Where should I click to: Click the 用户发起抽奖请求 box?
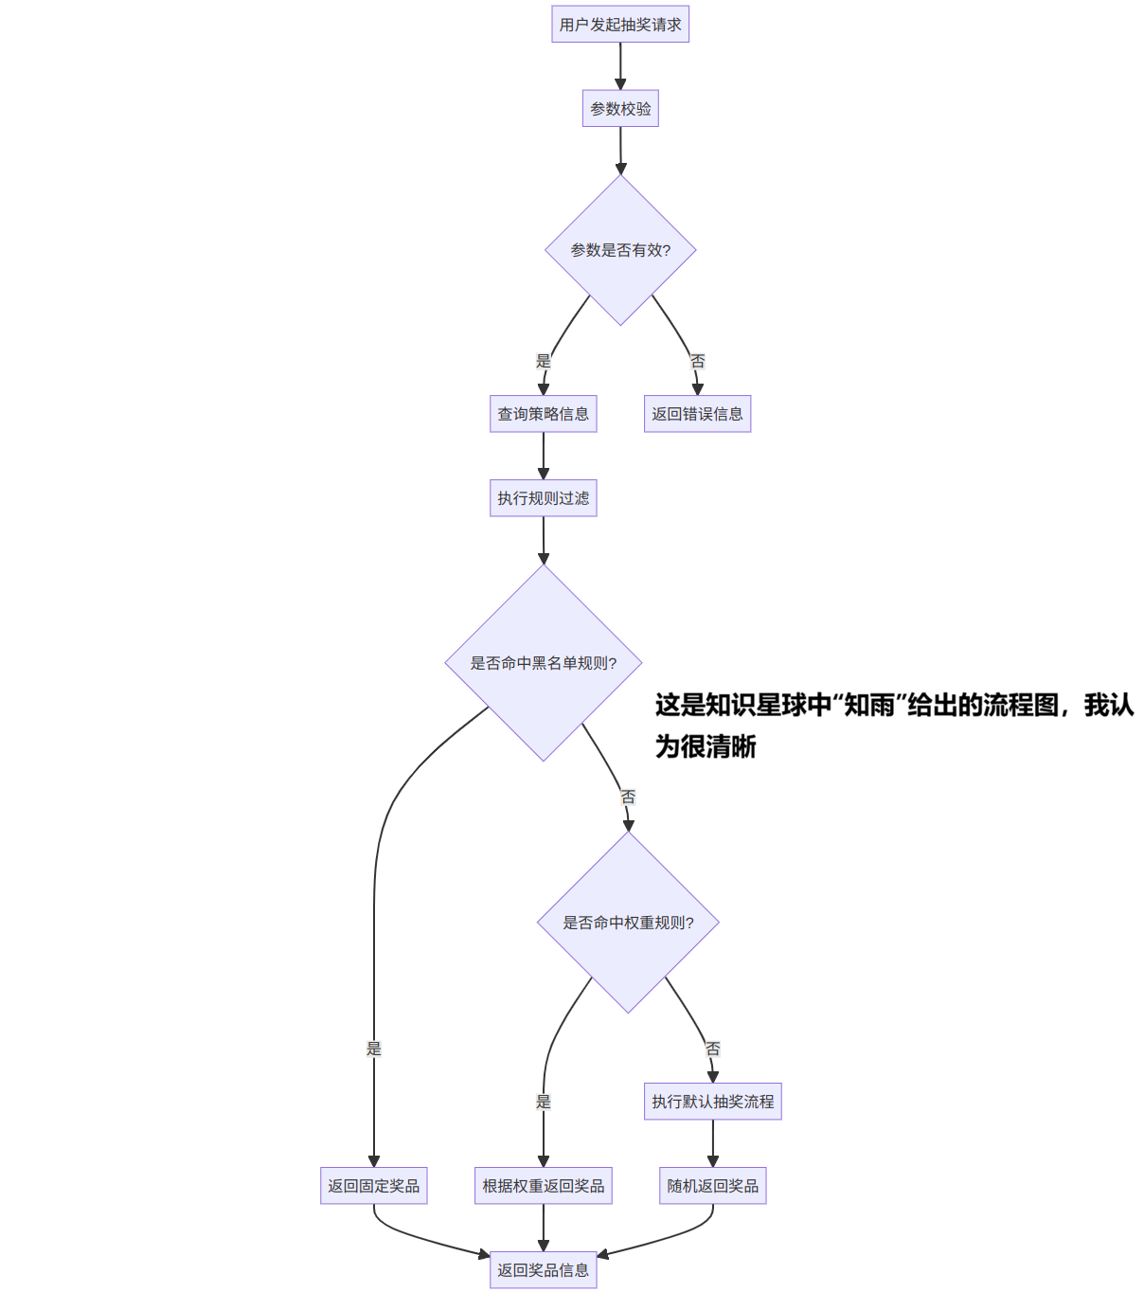pyautogui.click(x=620, y=25)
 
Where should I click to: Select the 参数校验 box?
pyautogui.click(x=620, y=109)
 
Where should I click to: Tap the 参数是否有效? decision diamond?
pyautogui.click(x=620, y=250)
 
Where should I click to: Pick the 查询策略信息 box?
pyautogui.click(x=543, y=414)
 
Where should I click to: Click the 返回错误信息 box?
pyautogui.click(x=697, y=414)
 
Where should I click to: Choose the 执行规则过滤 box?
pyautogui.click(x=543, y=498)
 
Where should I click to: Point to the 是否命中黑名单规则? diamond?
pyautogui.click(x=543, y=663)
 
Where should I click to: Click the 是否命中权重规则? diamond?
pyautogui.click(x=628, y=923)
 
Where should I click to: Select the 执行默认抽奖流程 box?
pyautogui.click(x=712, y=1102)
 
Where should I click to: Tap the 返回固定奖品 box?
pyautogui.click(x=373, y=1186)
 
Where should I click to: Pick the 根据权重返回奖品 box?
pyautogui.click(x=543, y=1186)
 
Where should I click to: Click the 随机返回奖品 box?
pyautogui.click(x=712, y=1186)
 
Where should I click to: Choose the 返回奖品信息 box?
pyautogui.click(x=543, y=1270)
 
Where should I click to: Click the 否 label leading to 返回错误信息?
pyautogui.click(x=698, y=361)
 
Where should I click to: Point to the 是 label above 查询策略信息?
pyautogui.click(x=543, y=361)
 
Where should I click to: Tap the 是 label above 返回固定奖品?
pyautogui.click(x=374, y=1049)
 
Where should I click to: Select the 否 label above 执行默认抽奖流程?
pyautogui.click(x=712, y=1049)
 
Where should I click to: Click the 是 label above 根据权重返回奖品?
pyautogui.click(x=543, y=1102)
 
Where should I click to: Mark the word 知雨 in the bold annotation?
pyautogui.click(x=869, y=706)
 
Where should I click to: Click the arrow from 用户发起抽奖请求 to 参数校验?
pyautogui.click(x=620, y=66)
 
